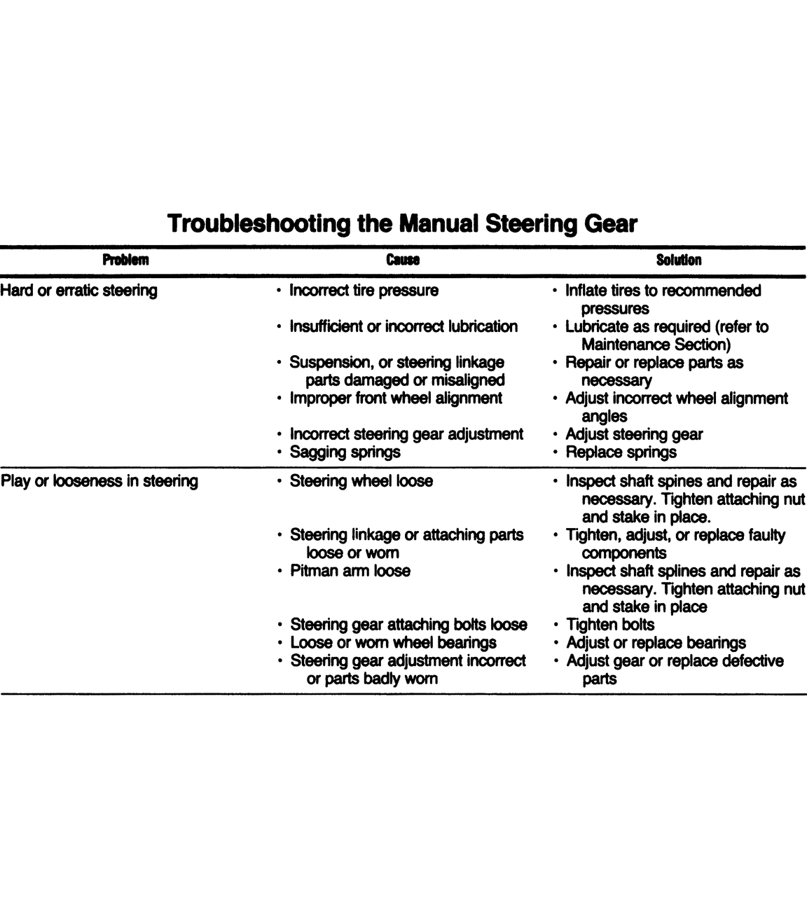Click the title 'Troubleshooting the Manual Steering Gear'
pyautogui.click(x=403, y=223)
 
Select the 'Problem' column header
pyautogui.click(x=125, y=261)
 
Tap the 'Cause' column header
pyautogui.click(x=403, y=261)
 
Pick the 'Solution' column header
pyautogui.click(x=678, y=261)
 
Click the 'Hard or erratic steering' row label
pyautogui.click(x=78, y=291)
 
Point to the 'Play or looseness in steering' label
pyautogui.click(x=99, y=481)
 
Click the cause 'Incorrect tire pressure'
pyautogui.click(x=364, y=291)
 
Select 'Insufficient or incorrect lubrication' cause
pyautogui.click(x=403, y=326)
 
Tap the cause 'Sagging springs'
pyautogui.click(x=345, y=452)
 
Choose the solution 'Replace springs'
pyautogui.click(x=621, y=452)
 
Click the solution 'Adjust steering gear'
pyautogui.click(x=633, y=434)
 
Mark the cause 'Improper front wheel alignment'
pyautogui.click(x=396, y=399)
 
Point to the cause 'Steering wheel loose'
pyautogui.click(x=361, y=481)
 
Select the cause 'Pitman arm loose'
pyautogui.click(x=350, y=571)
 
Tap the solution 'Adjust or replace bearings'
pyautogui.click(x=656, y=643)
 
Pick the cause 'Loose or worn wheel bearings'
pyautogui.click(x=393, y=643)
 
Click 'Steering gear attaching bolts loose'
pyautogui.click(x=408, y=625)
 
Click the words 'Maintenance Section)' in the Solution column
pyautogui.click(x=656, y=345)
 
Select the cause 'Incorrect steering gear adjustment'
pyautogui.click(x=406, y=434)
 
